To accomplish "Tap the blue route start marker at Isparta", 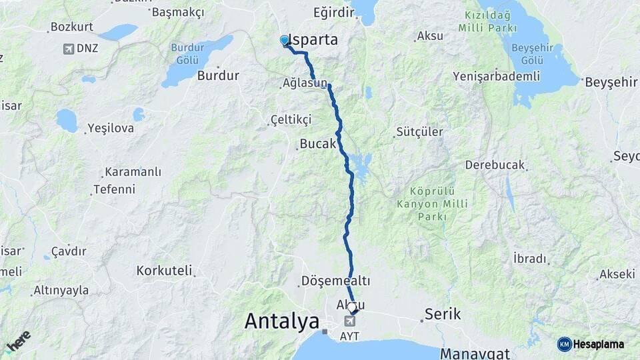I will [x=285, y=41].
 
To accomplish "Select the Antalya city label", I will [x=282, y=321].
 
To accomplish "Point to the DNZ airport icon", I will [x=69, y=49].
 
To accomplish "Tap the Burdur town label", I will [x=218, y=75].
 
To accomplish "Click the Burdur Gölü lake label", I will [x=187, y=53].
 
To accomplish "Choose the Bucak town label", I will [x=318, y=144].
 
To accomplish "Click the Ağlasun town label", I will [x=305, y=84].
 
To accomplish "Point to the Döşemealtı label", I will [x=335, y=281].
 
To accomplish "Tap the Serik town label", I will [x=443, y=314].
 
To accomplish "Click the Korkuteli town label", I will [x=164, y=271].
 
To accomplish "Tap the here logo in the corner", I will [x=19, y=341].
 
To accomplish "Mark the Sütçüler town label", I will [x=419, y=132].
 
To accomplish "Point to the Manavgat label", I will [x=475, y=353].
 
